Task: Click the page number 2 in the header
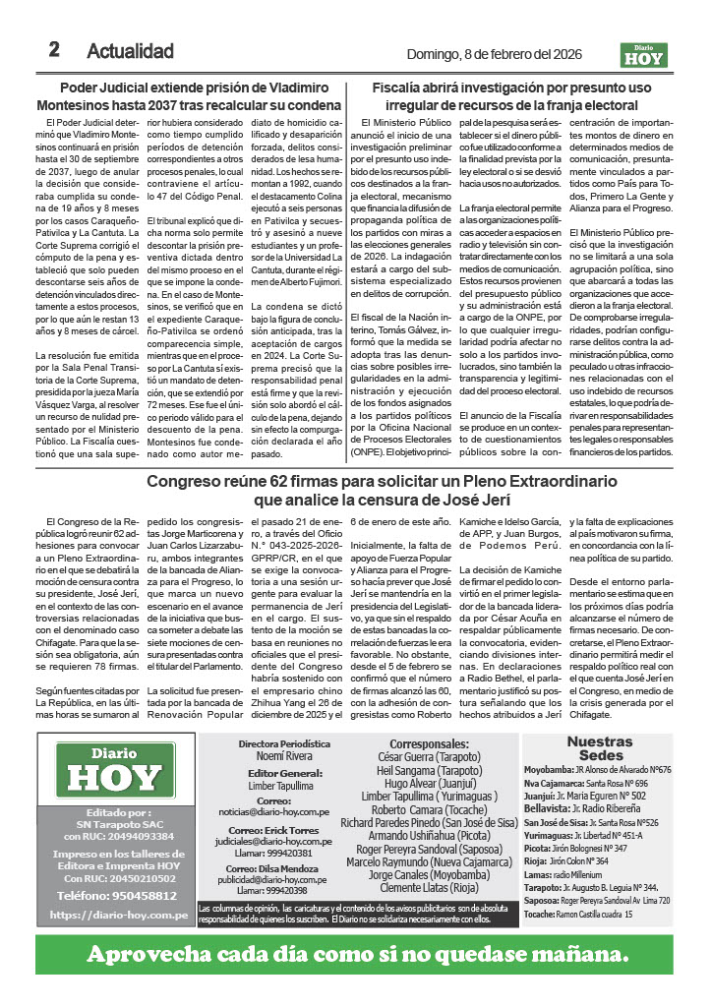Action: point(55,50)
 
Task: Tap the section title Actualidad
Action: point(130,51)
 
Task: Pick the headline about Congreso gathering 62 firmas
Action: point(355,491)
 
